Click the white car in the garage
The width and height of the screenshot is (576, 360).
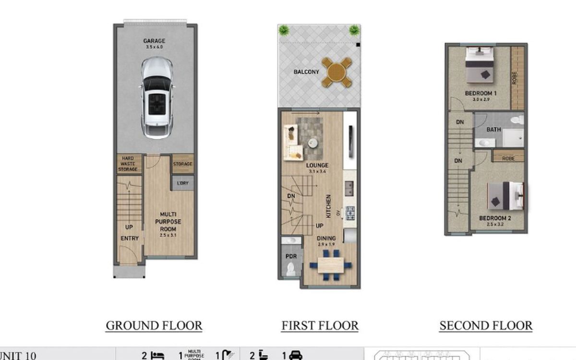(x=157, y=98)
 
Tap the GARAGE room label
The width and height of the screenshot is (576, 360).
(x=154, y=41)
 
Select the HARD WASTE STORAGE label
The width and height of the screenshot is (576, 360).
(x=128, y=164)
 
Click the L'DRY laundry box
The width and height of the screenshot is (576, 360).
(x=182, y=183)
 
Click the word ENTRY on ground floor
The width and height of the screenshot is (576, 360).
(x=129, y=238)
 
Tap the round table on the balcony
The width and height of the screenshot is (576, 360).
(x=337, y=72)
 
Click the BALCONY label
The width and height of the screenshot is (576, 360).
(x=306, y=72)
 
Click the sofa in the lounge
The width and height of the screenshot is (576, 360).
(x=293, y=142)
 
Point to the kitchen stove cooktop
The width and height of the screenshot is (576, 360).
(x=350, y=212)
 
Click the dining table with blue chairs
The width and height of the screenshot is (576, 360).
(x=330, y=265)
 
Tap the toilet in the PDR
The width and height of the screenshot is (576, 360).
(x=290, y=270)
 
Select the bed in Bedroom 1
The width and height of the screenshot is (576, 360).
(x=480, y=65)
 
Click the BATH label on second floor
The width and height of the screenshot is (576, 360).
(x=493, y=130)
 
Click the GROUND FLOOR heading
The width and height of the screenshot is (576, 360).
(x=154, y=325)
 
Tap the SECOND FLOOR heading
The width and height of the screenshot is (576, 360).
(x=486, y=325)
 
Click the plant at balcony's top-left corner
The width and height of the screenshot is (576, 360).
(x=284, y=30)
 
